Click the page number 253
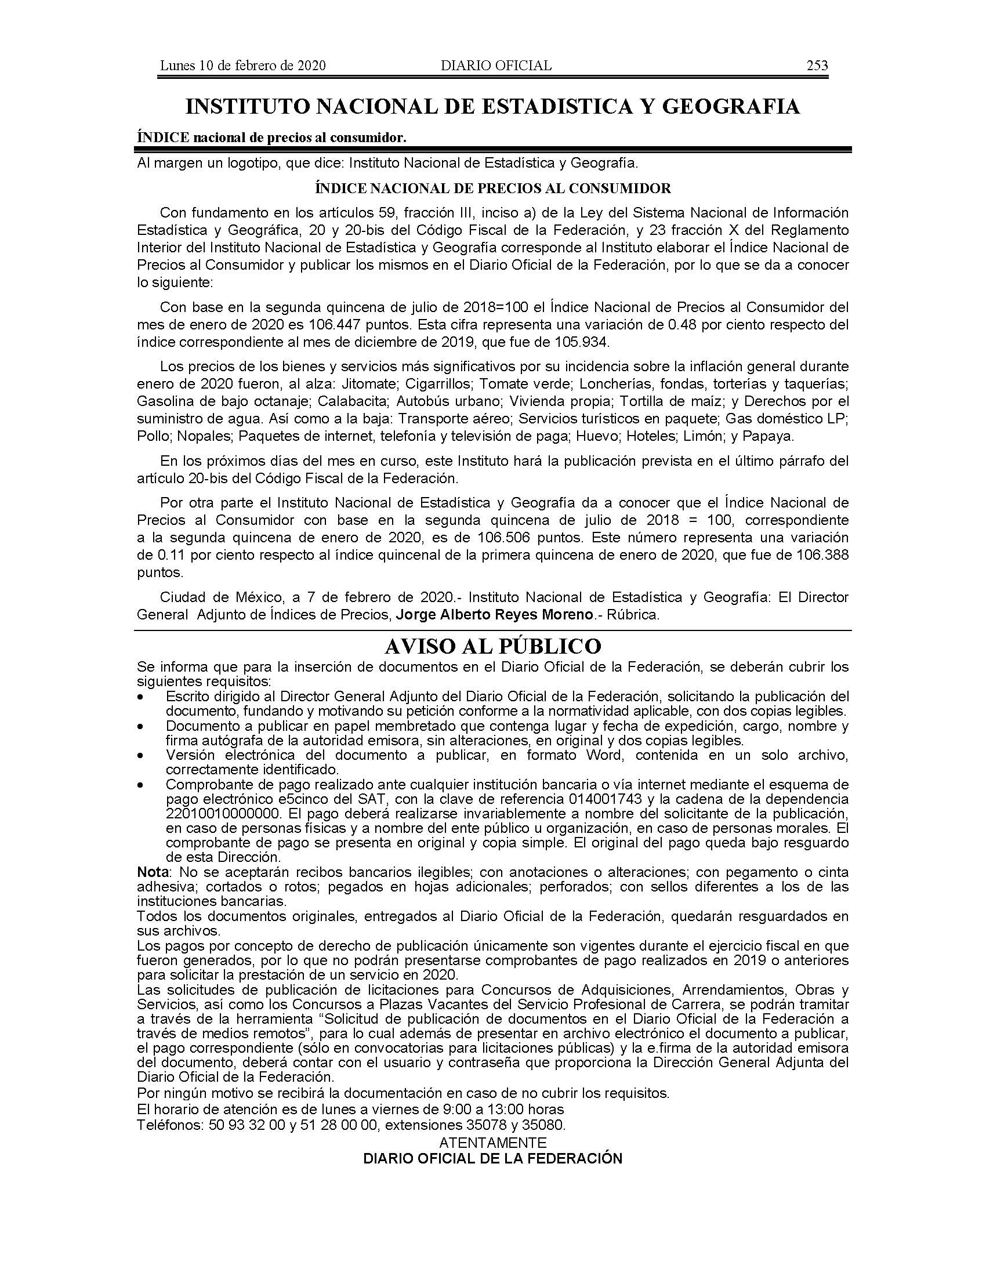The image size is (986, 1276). pyautogui.click(x=817, y=66)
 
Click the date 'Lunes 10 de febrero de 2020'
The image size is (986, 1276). pyautogui.click(x=242, y=66)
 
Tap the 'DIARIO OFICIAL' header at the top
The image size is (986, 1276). pyautogui.click(x=496, y=66)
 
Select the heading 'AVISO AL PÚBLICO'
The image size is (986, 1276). pyautogui.click(x=492, y=646)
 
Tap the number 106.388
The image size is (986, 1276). pyautogui.click(x=822, y=555)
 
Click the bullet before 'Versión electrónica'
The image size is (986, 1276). pyautogui.click(x=140, y=756)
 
